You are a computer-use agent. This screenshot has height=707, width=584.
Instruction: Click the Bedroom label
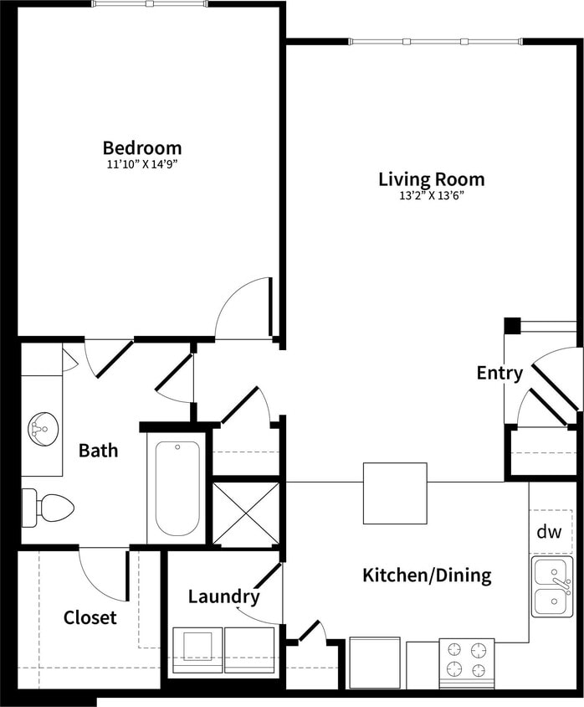click(142, 148)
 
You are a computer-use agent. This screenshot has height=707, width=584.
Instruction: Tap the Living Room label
click(431, 179)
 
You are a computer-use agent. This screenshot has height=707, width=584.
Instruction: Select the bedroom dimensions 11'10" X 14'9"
click(142, 164)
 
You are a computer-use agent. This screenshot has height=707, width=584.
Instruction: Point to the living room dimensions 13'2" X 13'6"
click(432, 195)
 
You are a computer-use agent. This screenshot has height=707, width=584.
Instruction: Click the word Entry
click(499, 374)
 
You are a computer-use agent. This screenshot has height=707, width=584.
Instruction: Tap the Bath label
click(98, 451)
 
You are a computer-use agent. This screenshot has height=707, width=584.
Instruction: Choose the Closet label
click(90, 618)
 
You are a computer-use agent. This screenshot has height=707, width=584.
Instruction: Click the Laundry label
click(223, 597)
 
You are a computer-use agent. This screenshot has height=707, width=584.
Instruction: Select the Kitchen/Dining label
click(426, 576)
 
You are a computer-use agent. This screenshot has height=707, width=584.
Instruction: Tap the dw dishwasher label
click(549, 531)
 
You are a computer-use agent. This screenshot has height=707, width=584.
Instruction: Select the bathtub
click(177, 488)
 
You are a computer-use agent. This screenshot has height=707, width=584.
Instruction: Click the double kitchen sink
click(552, 587)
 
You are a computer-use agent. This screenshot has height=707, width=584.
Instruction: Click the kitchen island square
click(395, 493)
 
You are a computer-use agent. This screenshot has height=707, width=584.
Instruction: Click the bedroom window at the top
click(149, 4)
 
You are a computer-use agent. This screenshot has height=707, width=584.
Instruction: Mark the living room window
click(435, 41)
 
